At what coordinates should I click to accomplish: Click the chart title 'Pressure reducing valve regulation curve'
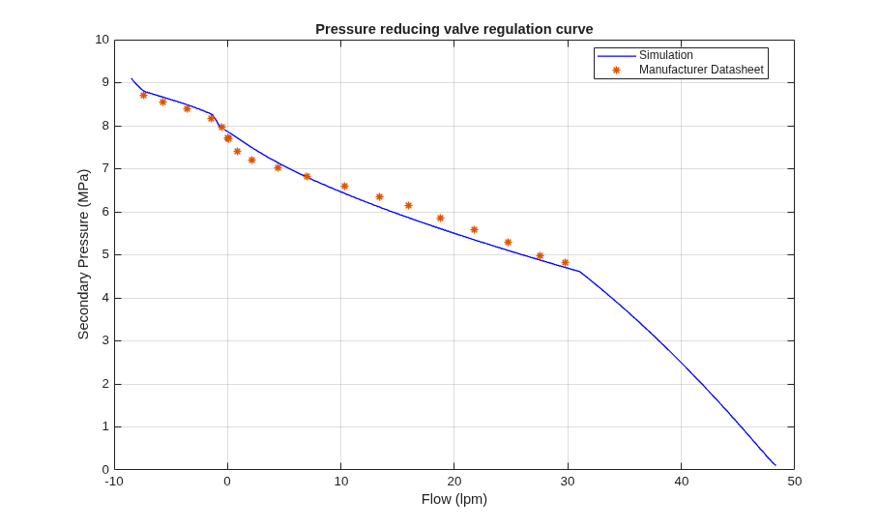(454, 29)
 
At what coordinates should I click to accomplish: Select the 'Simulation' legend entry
(666, 55)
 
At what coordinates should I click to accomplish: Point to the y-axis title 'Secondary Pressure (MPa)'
(83, 254)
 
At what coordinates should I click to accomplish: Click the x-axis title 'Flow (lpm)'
(454, 499)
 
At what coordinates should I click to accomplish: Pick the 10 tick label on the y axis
(102, 40)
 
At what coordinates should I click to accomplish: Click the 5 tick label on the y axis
(105, 254)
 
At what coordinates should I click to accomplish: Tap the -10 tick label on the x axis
(114, 482)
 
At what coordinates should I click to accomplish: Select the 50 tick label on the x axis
(795, 482)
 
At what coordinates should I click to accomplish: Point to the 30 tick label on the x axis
(568, 482)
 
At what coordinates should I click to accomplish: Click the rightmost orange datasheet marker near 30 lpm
(565, 263)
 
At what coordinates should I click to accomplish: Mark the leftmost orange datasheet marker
(143, 95)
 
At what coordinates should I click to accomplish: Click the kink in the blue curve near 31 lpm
(579, 272)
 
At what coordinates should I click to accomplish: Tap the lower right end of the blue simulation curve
(776, 465)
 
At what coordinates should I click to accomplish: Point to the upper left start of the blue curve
(132, 78)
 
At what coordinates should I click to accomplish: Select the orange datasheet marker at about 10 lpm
(344, 186)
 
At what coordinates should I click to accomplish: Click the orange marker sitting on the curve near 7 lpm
(307, 176)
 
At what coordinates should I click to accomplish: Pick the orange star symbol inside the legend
(617, 70)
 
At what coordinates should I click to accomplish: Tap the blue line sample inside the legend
(617, 55)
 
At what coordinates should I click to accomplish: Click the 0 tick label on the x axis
(227, 482)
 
